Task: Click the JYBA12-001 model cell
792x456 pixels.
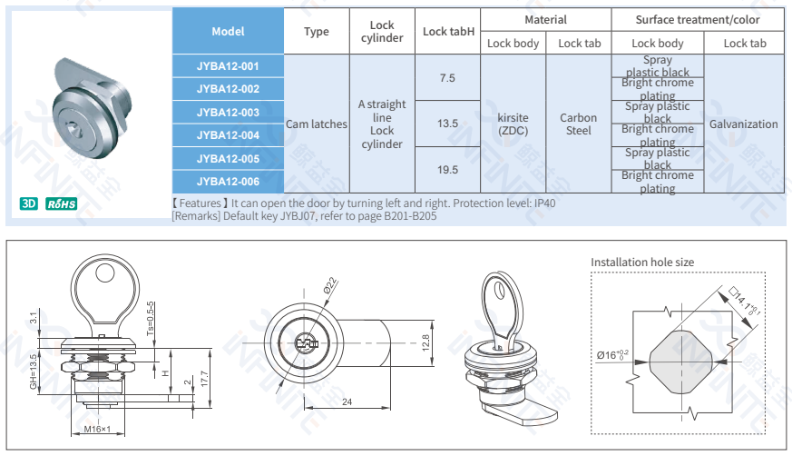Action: click(x=228, y=66)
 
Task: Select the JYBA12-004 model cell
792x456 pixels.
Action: click(x=228, y=135)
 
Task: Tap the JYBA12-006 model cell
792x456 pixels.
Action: click(x=228, y=181)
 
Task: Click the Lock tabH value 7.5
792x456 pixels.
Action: click(x=447, y=78)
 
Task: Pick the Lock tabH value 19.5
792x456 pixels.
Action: click(x=447, y=170)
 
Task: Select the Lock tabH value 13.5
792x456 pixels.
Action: click(x=447, y=124)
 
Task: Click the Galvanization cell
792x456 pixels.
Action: click(x=743, y=124)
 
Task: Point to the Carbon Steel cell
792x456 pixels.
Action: click(x=578, y=124)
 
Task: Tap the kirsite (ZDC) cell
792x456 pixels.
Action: click(x=513, y=124)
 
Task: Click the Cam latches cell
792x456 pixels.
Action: click(x=317, y=124)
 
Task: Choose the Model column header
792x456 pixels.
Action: click(x=228, y=31)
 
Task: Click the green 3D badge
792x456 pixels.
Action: click(x=29, y=203)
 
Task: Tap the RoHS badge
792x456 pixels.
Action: click(x=61, y=203)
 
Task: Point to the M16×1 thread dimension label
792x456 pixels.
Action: click(x=97, y=429)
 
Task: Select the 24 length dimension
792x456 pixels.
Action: click(x=347, y=401)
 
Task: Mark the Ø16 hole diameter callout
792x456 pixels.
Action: click(x=612, y=354)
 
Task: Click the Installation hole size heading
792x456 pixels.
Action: click(x=642, y=263)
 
